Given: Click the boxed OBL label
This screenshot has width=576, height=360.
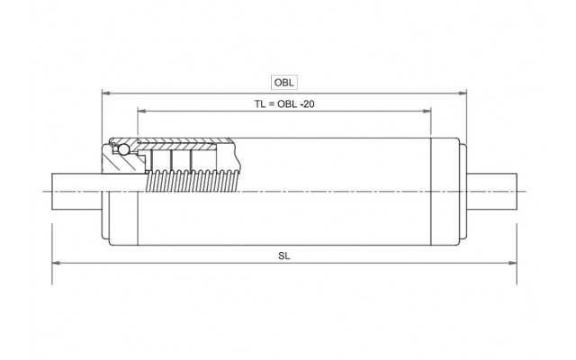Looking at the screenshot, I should click(284, 82).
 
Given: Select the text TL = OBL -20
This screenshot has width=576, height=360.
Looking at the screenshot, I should click(284, 104).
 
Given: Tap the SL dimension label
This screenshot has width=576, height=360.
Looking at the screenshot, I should click(284, 255).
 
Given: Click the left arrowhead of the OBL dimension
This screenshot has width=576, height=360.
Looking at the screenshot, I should click(104, 92).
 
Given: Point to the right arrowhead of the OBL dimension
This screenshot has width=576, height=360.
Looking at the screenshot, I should click(464, 92).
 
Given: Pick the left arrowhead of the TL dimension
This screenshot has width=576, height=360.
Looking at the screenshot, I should click(140, 112).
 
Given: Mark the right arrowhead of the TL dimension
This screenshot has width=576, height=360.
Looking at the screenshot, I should click(428, 112).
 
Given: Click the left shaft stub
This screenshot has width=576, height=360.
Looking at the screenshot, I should click(76, 192).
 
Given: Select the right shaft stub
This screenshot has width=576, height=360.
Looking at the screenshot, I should click(493, 192).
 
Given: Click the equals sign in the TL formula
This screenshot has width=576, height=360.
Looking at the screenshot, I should click(271, 104).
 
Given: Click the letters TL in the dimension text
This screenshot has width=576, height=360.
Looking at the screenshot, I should click(260, 104).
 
